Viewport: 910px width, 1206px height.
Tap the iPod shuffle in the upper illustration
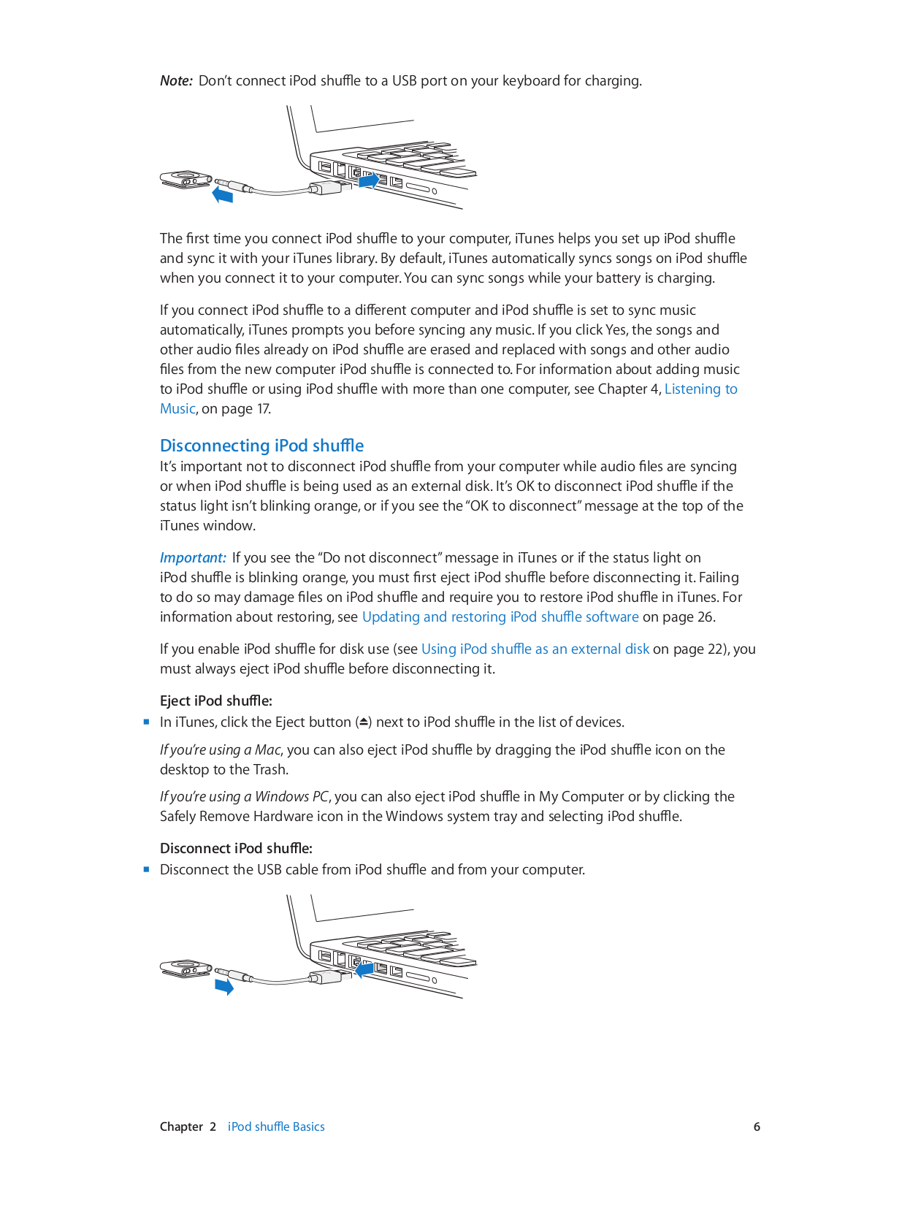[x=185, y=178]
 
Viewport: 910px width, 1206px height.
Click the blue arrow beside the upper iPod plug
[x=223, y=195]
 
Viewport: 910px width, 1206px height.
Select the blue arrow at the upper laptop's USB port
[x=370, y=180]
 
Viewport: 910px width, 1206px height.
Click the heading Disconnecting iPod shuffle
[x=261, y=446]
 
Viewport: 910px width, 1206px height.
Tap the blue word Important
[x=193, y=558]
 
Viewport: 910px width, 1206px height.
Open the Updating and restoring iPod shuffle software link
[x=500, y=617]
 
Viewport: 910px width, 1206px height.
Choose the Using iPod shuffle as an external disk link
[x=535, y=649]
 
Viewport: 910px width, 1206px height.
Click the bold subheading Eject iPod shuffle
[x=215, y=701]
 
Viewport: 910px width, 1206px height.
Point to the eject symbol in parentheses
[x=364, y=722]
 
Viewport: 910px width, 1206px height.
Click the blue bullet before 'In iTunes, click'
[x=147, y=722]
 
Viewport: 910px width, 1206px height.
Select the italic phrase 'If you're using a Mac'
[x=220, y=750]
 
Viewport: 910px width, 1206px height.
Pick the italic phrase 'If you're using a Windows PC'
[x=244, y=797]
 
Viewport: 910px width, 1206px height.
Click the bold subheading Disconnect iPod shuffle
[x=236, y=849]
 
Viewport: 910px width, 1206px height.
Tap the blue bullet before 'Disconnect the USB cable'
[x=147, y=869]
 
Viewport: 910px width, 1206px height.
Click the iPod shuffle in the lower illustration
[x=185, y=969]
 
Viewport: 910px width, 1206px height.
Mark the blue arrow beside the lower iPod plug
[x=224, y=987]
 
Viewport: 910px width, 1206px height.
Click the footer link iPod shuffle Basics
[x=276, y=1127]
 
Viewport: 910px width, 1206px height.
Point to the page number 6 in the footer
[x=757, y=1127]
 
